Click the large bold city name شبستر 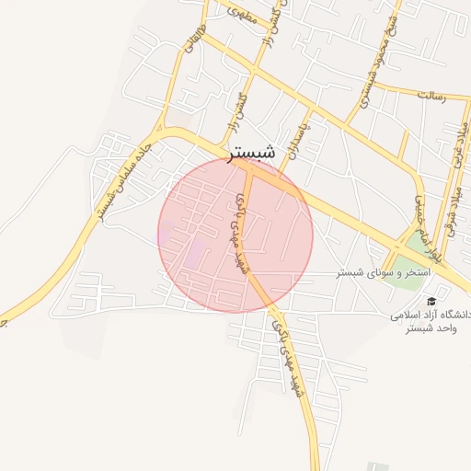point(250,154)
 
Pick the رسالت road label point(431,95)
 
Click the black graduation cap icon point(431,302)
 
